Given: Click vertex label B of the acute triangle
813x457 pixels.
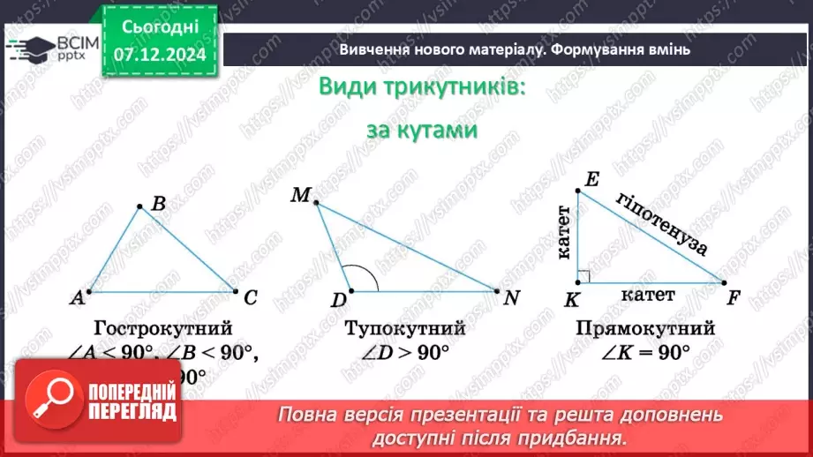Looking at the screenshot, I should tap(158, 204).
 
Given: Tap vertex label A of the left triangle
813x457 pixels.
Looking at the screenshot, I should tap(78, 298).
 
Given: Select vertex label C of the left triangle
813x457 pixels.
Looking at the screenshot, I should tap(250, 297).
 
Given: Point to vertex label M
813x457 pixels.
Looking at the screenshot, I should tap(299, 195).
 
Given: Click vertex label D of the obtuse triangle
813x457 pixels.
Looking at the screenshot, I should tap(338, 300).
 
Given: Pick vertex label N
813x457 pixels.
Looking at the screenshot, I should tap(511, 297).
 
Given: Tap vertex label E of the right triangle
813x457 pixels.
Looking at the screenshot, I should tap(592, 179).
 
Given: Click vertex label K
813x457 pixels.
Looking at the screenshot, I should tap(571, 300).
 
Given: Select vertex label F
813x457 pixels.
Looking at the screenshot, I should tap(734, 297).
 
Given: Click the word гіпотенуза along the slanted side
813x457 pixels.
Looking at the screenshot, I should tap(663, 223).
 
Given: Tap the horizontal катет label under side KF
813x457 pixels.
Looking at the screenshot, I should tap(647, 295).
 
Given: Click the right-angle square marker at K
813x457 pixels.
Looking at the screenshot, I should tap(583, 277).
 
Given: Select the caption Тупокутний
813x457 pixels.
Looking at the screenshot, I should tap(405, 328).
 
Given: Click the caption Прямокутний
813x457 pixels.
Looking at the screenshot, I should tap(644, 328).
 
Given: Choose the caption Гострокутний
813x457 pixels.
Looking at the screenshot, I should tap(162, 328).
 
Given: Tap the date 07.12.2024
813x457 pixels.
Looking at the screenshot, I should tap(160, 53).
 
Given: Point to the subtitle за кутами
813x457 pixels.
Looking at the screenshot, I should tap(422, 130).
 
